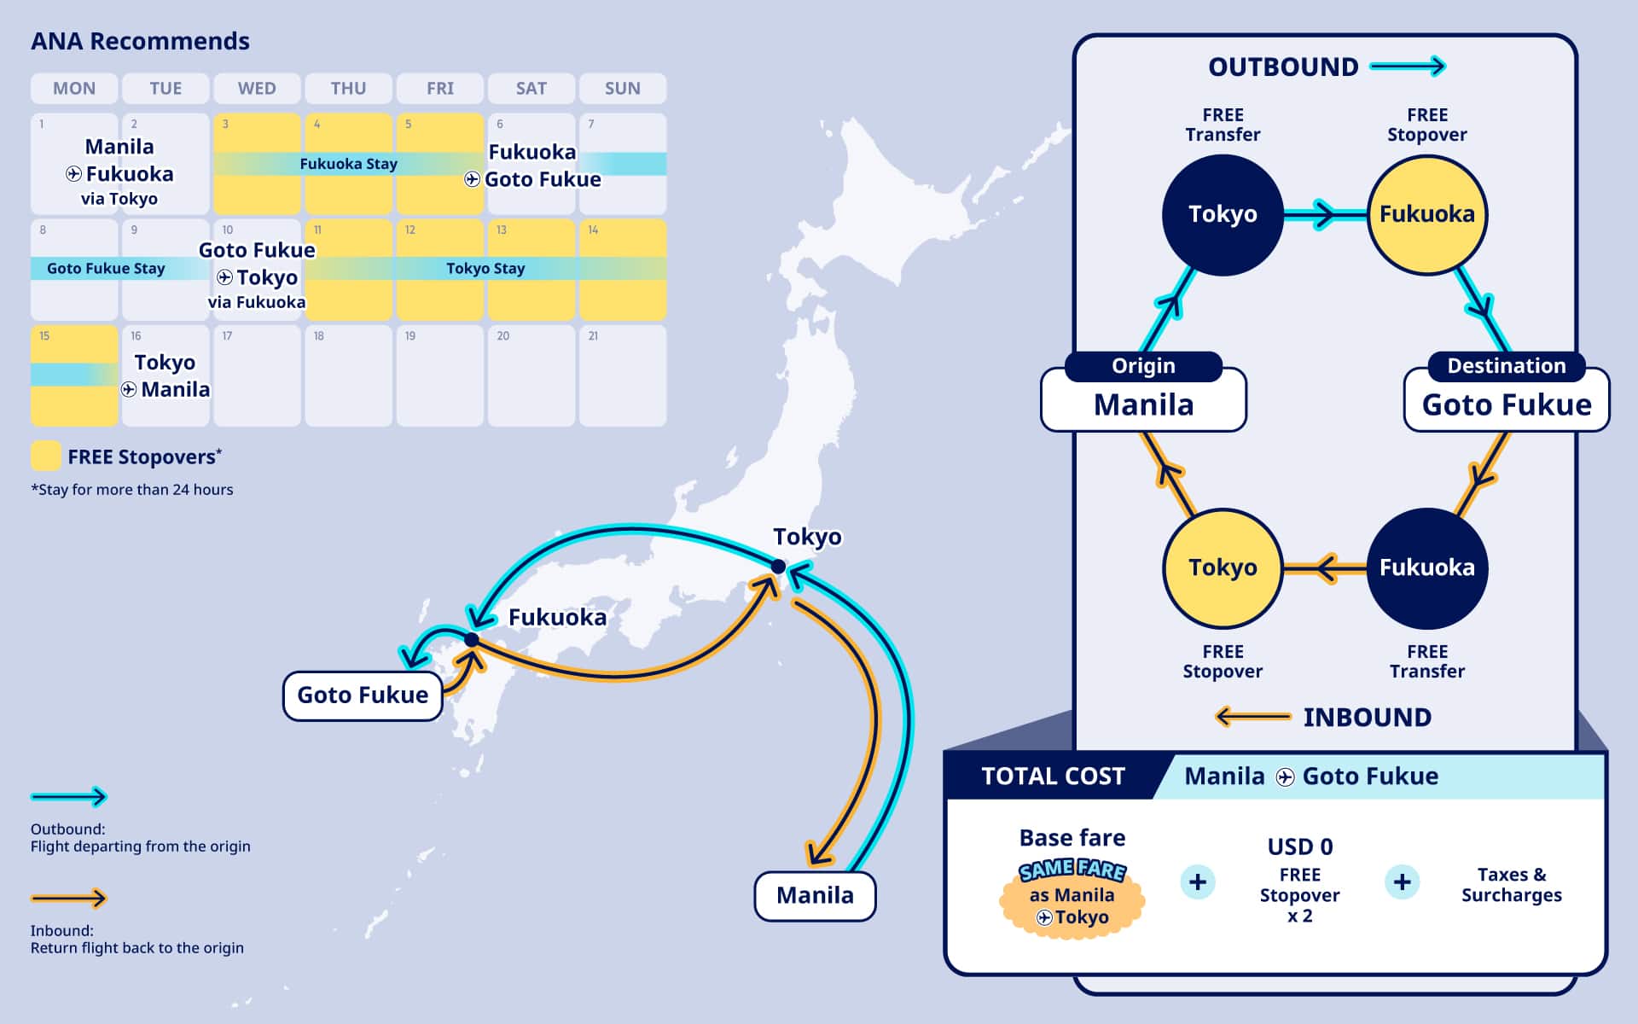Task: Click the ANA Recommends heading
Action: point(140,41)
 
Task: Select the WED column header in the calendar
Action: point(257,88)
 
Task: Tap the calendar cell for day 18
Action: point(348,375)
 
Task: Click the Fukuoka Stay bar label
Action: point(348,164)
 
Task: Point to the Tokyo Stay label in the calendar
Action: point(485,268)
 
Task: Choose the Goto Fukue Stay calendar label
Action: point(106,268)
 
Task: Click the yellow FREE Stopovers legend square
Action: point(45,456)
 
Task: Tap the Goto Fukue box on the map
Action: point(363,695)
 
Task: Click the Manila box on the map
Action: point(815,895)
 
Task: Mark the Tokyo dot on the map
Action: point(778,567)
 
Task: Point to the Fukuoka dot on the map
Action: point(472,639)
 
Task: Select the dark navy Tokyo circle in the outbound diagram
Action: point(1223,214)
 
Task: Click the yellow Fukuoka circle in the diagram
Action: point(1426,214)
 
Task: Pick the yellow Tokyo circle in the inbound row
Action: point(1223,567)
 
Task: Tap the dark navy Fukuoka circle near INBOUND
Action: point(1426,567)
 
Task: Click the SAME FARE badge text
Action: point(1072,870)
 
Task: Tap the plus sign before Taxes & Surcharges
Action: point(1402,881)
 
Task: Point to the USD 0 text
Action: point(1299,847)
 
